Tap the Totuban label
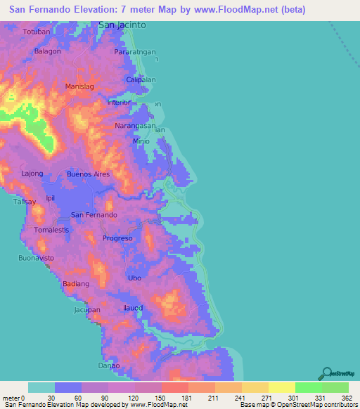(x=37, y=33)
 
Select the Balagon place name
(x=48, y=51)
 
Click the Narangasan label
(x=135, y=126)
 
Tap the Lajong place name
(x=32, y=173)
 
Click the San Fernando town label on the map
(x=95, y=214)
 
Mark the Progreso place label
(x=117, y=238)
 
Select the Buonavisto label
(x=36, y=259)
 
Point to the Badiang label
(x=76, y=284)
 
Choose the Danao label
(x=109, y=365)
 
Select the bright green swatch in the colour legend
(x=309, y=387)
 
